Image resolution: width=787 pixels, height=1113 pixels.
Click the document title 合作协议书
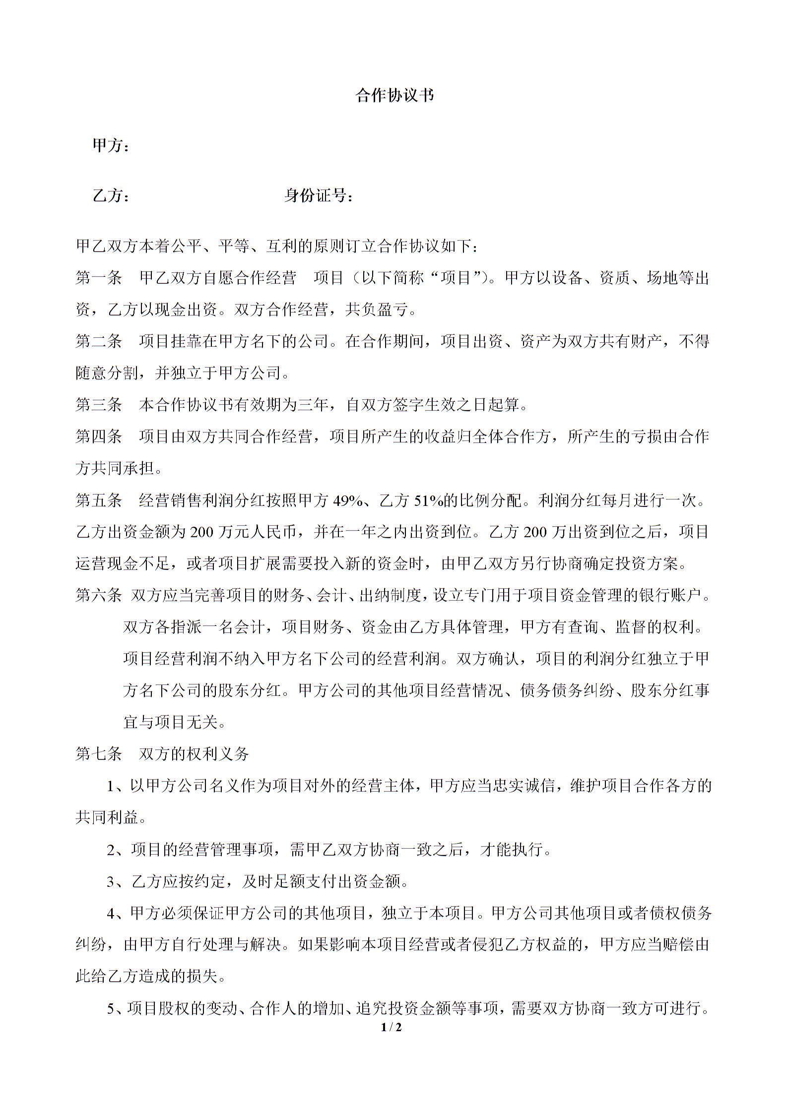[394, 95]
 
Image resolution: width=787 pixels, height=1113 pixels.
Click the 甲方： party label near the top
[112, 146]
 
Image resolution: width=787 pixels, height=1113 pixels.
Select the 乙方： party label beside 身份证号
[112, 196]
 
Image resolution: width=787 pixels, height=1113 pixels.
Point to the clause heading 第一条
[99, 278]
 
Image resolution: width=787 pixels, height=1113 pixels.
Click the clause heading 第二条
[99, 341]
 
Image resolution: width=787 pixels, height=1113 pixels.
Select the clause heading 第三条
[99, 405]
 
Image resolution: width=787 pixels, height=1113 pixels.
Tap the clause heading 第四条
[99, 436]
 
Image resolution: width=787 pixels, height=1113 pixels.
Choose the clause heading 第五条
[99, 500]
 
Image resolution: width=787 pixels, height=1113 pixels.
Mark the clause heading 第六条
[99, 595]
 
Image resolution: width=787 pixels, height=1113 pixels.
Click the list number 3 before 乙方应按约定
[111, 882]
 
